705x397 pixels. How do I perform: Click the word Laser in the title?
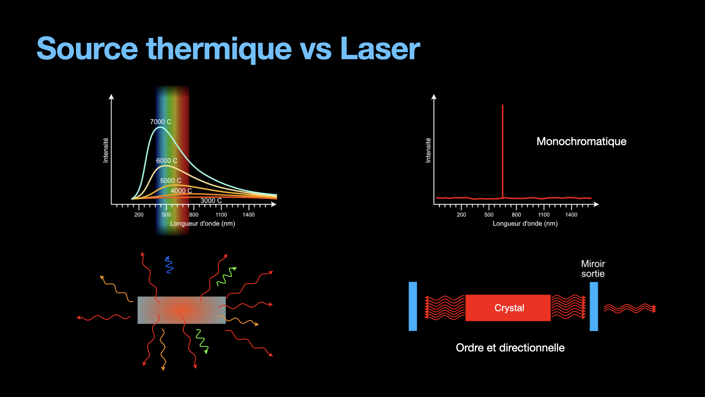pos(380,49)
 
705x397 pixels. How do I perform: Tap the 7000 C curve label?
pos(160,122)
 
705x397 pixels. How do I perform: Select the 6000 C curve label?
pos(167,161)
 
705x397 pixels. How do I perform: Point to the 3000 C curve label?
pos(211,201)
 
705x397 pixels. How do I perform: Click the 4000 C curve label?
pos(181,191)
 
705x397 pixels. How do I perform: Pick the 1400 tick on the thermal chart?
pos(249,215)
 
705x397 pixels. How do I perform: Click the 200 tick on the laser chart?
pos(461,215)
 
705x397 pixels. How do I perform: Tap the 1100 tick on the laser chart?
pos(544,215)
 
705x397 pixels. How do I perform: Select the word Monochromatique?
pos(581,142)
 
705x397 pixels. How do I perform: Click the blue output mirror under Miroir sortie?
pos(594,306)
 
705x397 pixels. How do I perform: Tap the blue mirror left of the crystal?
pos(413,306)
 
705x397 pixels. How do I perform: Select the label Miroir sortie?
pos(593,269)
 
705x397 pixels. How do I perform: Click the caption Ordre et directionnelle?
pos(510,348)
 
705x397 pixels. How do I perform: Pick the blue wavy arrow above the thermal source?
pos(169,265)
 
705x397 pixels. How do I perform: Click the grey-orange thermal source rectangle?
pos(181,310)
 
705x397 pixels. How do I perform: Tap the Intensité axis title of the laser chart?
pos(428,150)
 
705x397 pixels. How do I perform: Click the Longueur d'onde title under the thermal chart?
pos(202,223)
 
